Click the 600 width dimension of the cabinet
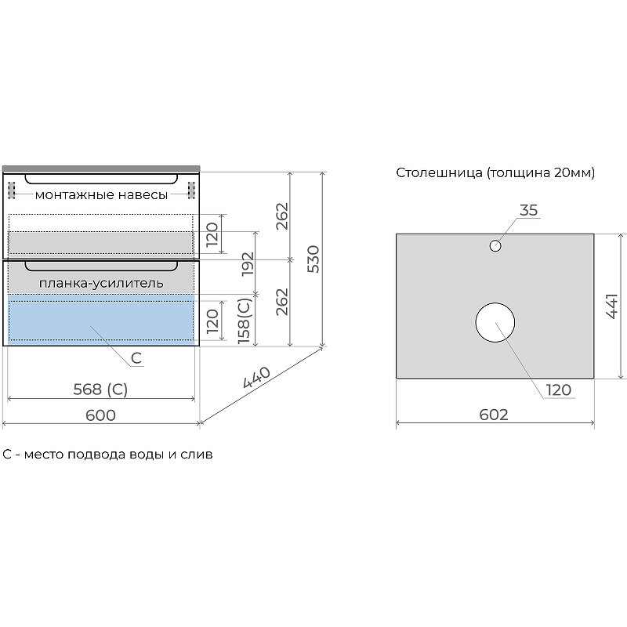click(x=100, y=415)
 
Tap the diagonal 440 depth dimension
click(x=256, y=379)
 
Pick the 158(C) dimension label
click(x=245, y=321)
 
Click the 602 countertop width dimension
click(x=493, y=415)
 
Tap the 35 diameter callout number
click(x=529, y=209)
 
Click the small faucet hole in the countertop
click(x=495, y=246)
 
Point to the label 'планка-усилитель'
click(x=101, y=282)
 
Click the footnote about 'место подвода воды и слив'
click(x=107, y=454)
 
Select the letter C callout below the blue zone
click(x=136, y=358)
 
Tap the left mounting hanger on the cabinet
click(x=11, y=190)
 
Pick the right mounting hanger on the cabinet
click(x=190, y=190)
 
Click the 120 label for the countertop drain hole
click(x=559, y=390)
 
